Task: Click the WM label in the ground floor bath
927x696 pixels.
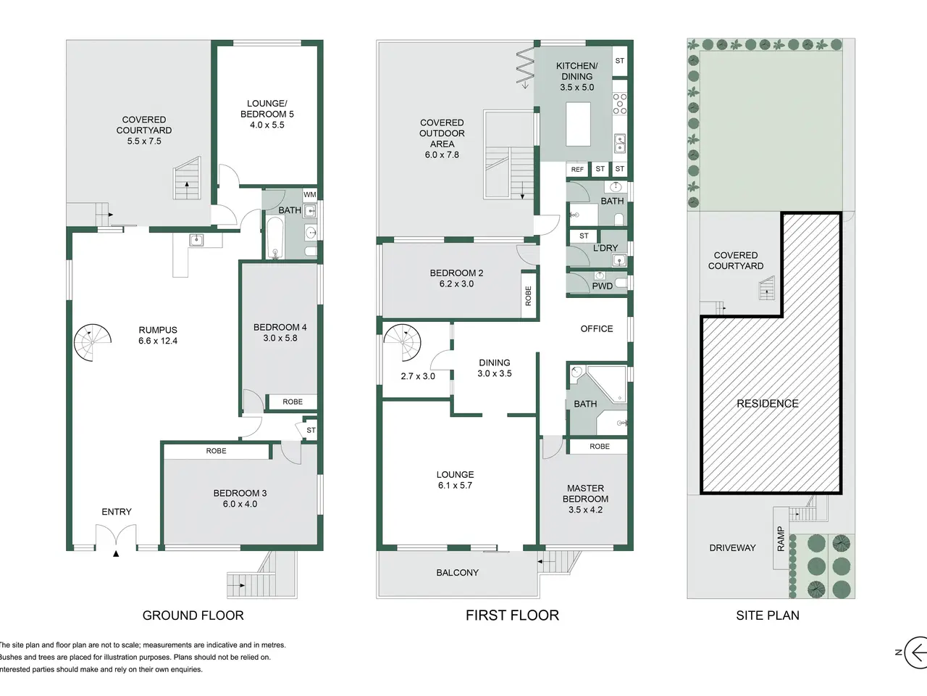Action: pos(309,195)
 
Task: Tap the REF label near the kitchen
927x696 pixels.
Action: pos(577,170)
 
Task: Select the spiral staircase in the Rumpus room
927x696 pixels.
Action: pos(93,342)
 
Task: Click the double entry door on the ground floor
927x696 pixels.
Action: pos(116,536)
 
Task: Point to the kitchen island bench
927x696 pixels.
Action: pos(578,124)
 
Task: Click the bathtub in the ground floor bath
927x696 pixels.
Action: pos(275,238)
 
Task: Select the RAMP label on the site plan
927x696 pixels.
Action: pos(781,539)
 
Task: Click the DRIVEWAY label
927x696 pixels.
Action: pos(732,547)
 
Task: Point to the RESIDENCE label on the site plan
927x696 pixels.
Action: pos(768,404)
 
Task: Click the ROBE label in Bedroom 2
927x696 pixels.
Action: pos(529,296)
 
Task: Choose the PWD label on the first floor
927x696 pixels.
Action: pos(603,286)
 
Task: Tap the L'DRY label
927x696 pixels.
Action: pos(605,248)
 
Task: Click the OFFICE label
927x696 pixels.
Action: pos(596,328)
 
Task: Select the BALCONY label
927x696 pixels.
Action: pos(458,573)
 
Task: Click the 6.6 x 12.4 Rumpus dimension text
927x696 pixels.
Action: pos(158,341)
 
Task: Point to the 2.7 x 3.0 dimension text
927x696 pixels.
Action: pos(418,376)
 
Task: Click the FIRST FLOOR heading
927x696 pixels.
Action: pos(512,616)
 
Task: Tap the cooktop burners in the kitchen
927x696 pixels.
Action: pos(619,104)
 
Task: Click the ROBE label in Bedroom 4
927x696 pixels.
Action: pos(293,402)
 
